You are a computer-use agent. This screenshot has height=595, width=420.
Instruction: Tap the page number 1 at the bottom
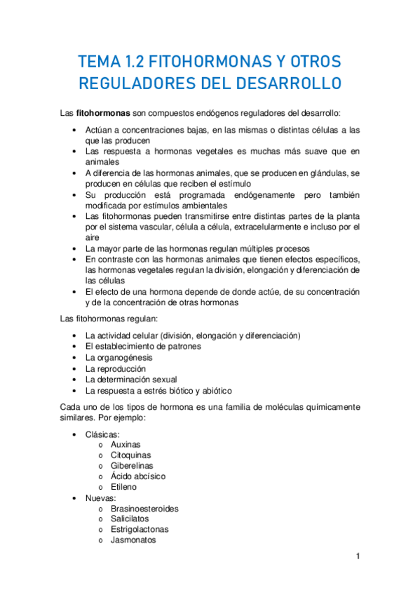358,556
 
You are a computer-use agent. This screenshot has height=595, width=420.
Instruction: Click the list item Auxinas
125,444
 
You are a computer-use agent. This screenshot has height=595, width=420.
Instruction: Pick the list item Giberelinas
132,465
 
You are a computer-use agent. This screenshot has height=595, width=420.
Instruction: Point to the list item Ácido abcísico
137,476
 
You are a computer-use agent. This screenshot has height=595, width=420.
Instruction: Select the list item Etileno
123,486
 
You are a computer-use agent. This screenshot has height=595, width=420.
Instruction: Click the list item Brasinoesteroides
144,508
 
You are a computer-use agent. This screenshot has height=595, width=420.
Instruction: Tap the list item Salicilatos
130,519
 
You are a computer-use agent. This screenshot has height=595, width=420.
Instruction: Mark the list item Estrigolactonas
139,529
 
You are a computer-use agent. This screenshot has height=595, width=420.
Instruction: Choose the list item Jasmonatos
133,540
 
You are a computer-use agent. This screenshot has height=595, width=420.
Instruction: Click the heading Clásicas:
102,434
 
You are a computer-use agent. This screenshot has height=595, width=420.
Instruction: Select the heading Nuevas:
100,497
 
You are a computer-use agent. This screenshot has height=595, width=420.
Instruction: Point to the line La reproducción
115,368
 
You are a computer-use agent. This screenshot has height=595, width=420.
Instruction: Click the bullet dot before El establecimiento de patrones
75,347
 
